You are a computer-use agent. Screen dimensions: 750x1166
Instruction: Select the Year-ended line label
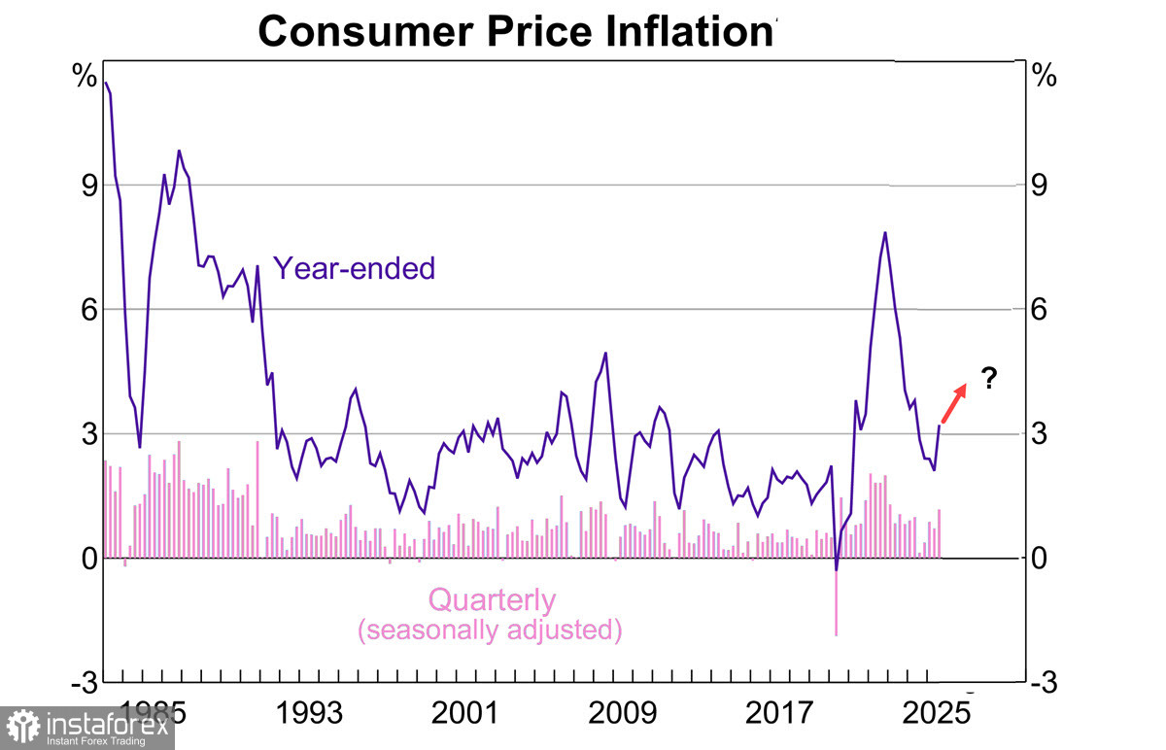click(354, 268)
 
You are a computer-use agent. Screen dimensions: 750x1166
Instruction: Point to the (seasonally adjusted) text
click(489, 630)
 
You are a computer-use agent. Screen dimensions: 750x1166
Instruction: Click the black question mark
click(989, 378)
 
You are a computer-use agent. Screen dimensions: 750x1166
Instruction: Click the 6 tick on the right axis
click(1041, 310)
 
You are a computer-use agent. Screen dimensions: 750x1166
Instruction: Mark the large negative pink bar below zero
click(836, 602)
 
